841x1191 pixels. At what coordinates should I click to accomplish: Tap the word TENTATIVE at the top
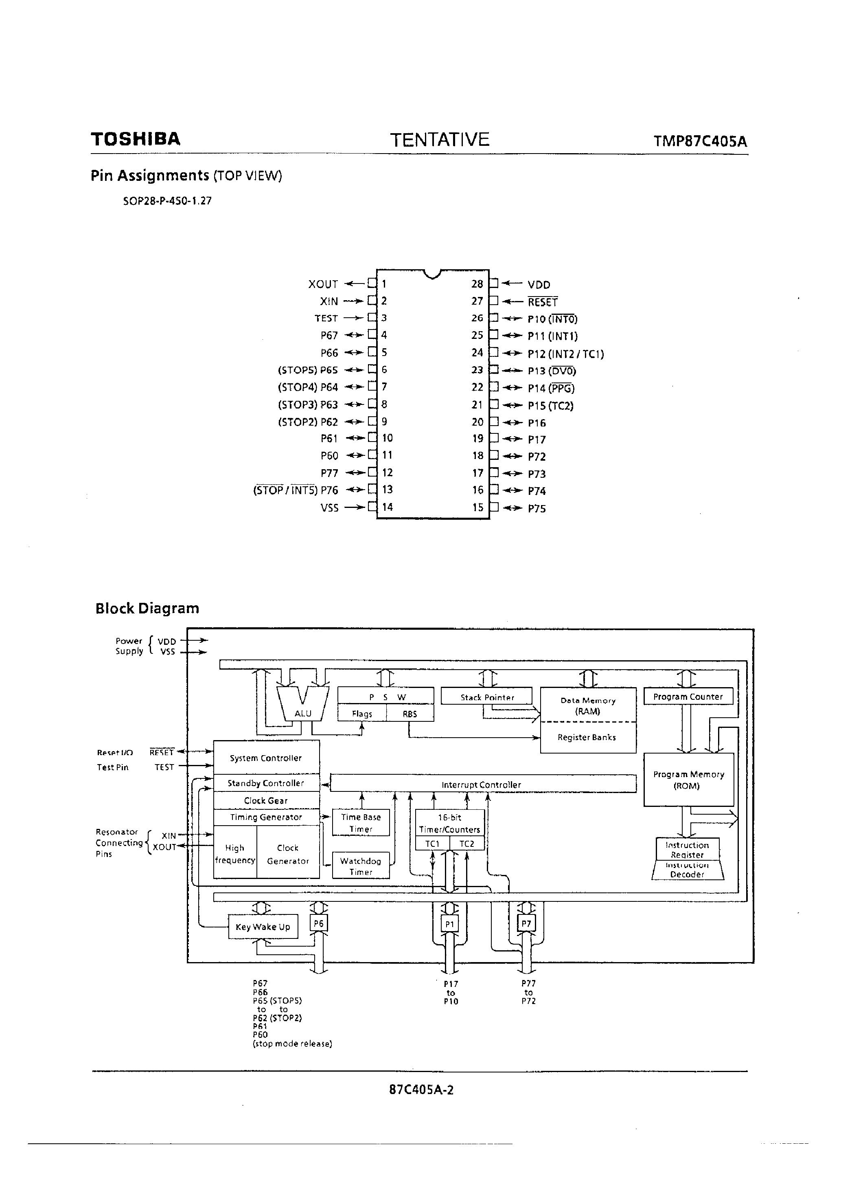439,140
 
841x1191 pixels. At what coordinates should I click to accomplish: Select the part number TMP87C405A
700,142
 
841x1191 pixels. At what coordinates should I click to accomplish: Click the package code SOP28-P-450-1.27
167,201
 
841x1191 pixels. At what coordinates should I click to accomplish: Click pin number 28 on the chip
477,284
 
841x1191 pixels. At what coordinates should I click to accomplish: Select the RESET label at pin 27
542,302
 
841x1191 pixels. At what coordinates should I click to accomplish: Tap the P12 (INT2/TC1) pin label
565,354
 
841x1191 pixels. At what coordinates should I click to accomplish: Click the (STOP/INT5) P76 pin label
295,490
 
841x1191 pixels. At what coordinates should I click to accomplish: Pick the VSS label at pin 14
329,508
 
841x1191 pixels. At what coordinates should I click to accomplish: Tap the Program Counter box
688,697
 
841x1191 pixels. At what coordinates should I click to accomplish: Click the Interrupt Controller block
482,784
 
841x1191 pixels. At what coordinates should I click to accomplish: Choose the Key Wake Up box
263,927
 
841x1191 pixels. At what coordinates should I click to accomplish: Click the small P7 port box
526,923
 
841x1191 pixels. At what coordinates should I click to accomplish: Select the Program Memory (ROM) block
688,780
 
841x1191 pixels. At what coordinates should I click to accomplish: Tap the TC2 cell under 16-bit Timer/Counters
466,844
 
